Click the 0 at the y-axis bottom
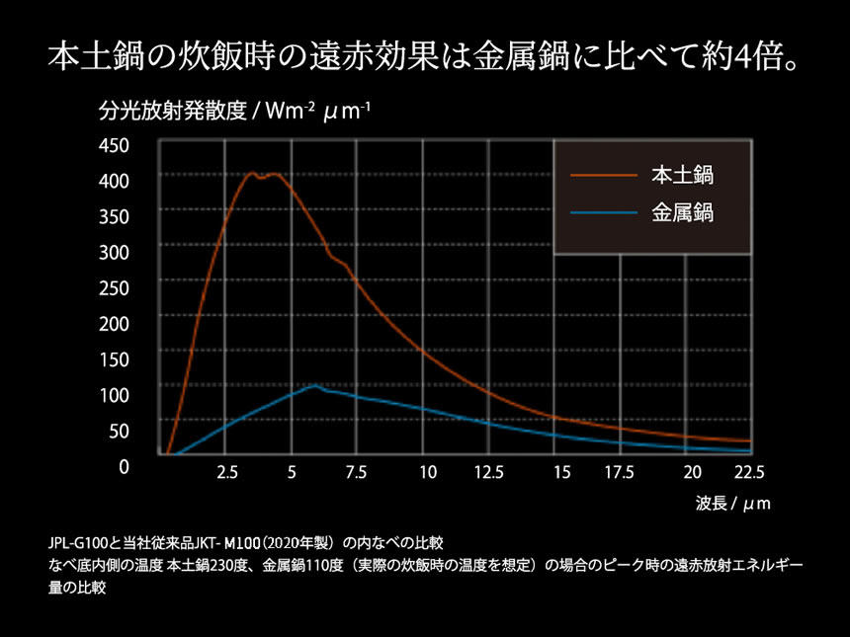click(124, 466)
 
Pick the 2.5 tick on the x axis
click(226, 473)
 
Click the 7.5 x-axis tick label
click(357, 473)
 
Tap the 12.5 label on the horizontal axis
click(488, 473)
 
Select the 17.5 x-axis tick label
click(619, 473)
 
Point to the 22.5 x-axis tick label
click(749, 473)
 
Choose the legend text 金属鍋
click(683, 211)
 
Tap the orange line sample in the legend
click(604, 176)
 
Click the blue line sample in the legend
click(604, 211)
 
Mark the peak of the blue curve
click(314, 385)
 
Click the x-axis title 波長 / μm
click(731, 504)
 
